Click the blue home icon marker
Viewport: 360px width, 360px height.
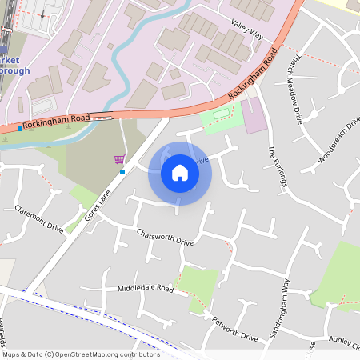pos(180,172)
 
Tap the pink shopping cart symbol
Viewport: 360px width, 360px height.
pos(119,159)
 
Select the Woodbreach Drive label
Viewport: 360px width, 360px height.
pos(339,139)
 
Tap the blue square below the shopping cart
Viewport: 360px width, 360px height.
pos(122,171)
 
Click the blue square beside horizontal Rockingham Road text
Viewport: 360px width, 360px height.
pos(20,128)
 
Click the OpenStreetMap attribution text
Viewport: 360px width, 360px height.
pos(80,354)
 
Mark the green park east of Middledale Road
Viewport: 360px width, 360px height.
pos(200,287)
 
